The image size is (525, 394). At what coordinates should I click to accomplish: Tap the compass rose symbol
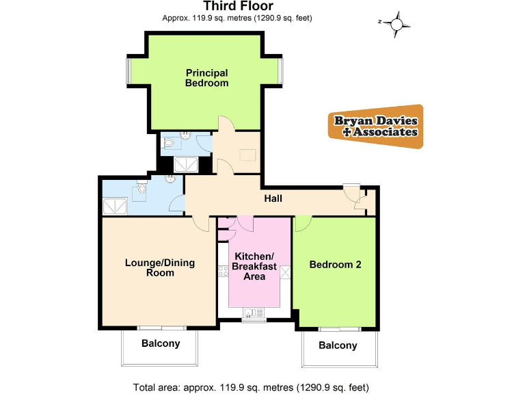click(x=396, y=24)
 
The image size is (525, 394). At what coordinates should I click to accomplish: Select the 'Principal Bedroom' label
click(x=207, y=77)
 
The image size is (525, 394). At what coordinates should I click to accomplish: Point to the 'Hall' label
click(x=273, y=198)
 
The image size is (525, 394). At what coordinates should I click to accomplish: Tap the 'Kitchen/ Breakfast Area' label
click(x=254, y=266)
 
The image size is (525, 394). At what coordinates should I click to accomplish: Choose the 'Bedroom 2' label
click(x=335, y=265)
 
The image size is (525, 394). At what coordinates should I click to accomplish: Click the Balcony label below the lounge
click(x=161, y=343)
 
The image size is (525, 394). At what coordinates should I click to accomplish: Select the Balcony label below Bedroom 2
click(x=338, y=345)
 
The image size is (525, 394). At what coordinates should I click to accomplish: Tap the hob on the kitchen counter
click(x=223, y=272)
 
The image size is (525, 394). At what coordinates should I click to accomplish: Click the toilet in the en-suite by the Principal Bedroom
click(x=169, y=144)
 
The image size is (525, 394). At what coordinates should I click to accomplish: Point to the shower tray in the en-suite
click(x=186, y=164)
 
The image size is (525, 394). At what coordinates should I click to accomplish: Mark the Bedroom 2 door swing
click(x=304, y=222)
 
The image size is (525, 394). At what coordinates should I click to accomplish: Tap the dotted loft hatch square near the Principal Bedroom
click(x=245, y=153)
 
